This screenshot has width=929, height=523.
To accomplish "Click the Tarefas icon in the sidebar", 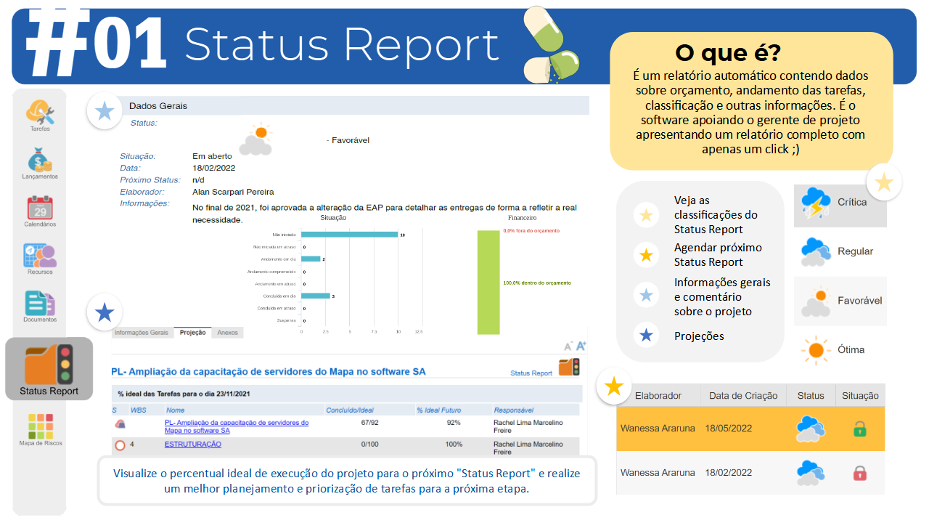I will pos(41,112).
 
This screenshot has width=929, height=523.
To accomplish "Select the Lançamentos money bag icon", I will pos(40,160).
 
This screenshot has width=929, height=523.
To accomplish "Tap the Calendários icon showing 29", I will pos(40,207).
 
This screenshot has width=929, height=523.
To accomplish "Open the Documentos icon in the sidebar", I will pos(40,303).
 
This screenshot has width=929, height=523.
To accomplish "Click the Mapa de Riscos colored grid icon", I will pos(40,426).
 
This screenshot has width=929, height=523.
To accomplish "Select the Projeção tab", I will pos(192,333).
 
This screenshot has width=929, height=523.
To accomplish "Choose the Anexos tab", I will pos(227,333).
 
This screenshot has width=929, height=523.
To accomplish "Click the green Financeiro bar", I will pos(488,283).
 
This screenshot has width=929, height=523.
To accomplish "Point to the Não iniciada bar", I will pos(349,235).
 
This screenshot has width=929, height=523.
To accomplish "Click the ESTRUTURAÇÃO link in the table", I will pos(192,444).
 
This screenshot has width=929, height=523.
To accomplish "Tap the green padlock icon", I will pos(859,429).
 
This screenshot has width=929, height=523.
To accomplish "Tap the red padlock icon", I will pos(859,473).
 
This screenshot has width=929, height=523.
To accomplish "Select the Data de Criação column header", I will pos(743,396).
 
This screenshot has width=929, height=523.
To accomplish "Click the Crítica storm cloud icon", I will pos(816,203).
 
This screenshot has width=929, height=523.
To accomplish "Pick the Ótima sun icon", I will pos(816,350).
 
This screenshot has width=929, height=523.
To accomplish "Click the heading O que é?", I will pos(728,52).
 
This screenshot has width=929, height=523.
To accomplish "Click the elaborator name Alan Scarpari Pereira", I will pos(233,192).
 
